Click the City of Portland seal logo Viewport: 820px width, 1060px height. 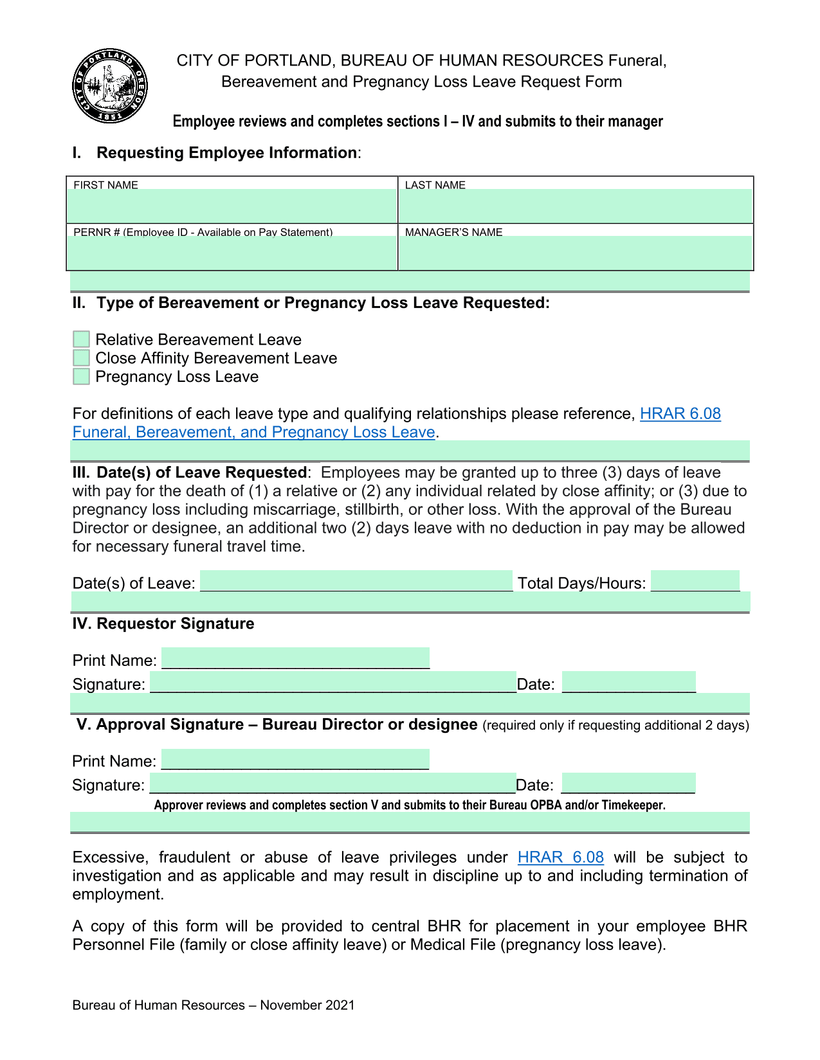coord(110,86)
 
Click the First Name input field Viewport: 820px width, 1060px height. coord(232,206)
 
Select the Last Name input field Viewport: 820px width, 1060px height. coord(575,206)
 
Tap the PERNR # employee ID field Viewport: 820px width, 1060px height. coord(232,253)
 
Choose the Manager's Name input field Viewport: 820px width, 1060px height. coord(575,253)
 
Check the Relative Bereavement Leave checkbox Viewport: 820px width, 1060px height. coord(81,339)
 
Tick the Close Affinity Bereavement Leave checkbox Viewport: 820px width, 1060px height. coord(81,358)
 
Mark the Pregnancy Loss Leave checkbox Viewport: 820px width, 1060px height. coord(81,377)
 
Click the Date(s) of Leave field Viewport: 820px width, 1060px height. coord(356,581)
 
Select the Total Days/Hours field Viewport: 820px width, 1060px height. coord(695,581)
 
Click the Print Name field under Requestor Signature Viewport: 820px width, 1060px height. coord(295,658)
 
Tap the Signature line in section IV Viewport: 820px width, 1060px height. coord(333,682)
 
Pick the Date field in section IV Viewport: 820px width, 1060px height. coord(628,682)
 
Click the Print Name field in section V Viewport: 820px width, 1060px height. coord(295,759)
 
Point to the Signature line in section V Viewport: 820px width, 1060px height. coord(333,783)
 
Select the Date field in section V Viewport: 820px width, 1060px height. coord(628,783)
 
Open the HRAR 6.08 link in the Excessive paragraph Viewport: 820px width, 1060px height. coord(560,858)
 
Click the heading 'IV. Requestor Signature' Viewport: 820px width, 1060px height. coord(163,624)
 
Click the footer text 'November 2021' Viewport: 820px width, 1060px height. coord(307,1005)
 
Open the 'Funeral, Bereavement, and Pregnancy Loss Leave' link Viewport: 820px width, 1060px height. coord(254,432)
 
